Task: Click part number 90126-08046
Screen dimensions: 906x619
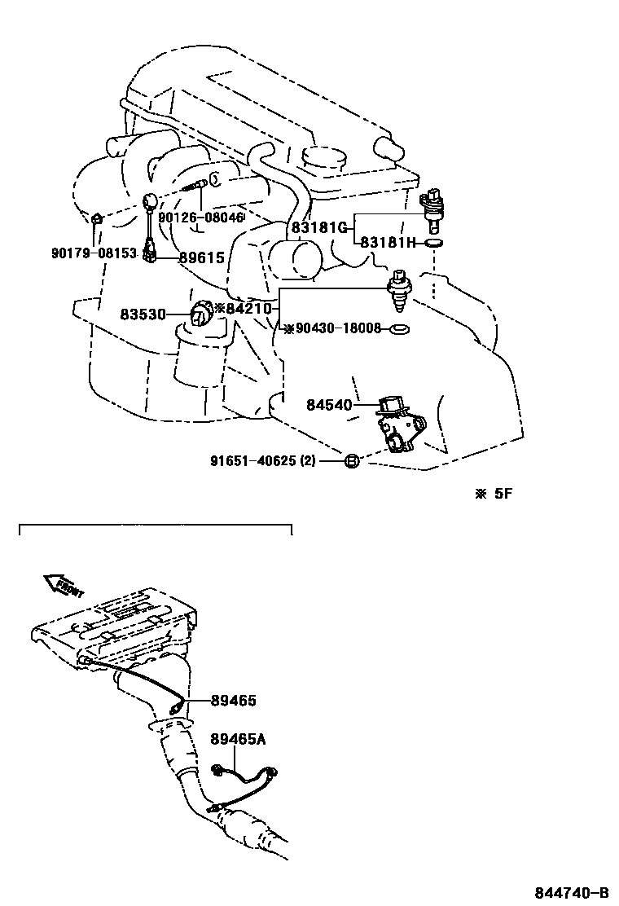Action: coord(201,218)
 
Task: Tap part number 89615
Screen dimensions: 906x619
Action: coord(201,257)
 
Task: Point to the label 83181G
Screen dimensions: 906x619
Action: coord(319,227)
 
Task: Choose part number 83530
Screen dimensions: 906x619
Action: coord(143,313)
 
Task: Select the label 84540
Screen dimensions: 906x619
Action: coord(330,404)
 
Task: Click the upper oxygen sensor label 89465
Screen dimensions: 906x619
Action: coord(233,700)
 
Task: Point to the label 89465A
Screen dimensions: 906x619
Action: coord(237,739)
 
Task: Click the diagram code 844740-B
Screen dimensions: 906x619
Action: coord(572,891)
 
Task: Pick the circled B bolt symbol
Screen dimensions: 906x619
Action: coord(351,462)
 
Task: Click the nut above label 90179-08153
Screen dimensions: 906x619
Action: coord(96,219)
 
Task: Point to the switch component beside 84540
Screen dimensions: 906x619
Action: coord(399,424)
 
